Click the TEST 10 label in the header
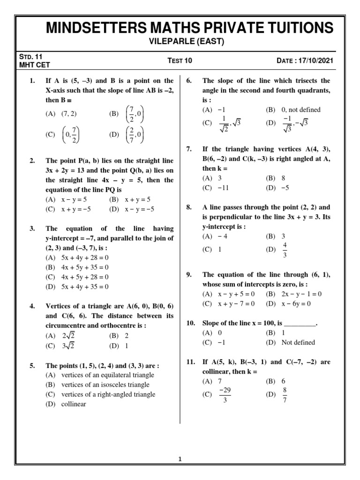[180, 60]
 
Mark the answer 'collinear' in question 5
[74, 404]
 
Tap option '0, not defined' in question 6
[300, 110]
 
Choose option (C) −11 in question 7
[218, 187]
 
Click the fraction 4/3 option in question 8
[285, 250]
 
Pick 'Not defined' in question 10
[298, 342]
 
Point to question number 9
[189, 275]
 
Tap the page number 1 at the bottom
[180, 459]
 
